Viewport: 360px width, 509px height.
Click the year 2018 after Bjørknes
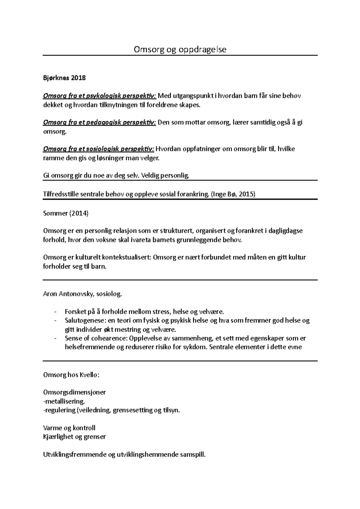[x=79, y=78]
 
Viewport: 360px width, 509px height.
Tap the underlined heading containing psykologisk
[x=100, y=96]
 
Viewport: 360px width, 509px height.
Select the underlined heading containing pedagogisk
[x=100, y=122]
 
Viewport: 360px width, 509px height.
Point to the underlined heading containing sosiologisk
[x=99, y=149]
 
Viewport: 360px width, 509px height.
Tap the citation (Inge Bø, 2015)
[x=233, y=194]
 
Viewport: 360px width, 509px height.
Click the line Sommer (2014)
[x=66, y=213]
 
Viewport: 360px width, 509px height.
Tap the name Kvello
[x=88, y=375]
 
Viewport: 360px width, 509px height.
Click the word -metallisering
[x=64, y=401]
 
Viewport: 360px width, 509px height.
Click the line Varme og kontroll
[x=69, y=428]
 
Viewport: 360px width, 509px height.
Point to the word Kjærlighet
[x=58, y=436]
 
